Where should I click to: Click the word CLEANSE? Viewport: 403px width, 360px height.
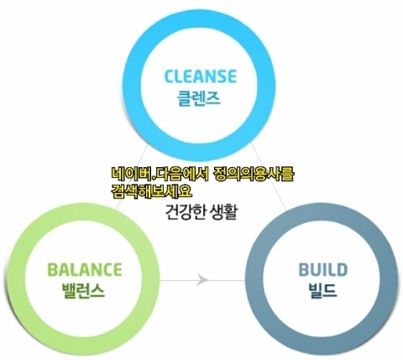coord(201,76)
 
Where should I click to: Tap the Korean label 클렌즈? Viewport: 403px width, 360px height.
coord(198,98)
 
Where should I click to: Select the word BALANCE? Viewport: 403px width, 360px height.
coord(85,269)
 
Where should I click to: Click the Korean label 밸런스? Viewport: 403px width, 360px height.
coord(83,290)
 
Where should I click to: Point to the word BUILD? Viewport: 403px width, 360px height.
coord(322,269)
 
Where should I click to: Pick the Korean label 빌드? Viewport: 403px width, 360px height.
coord(322,290)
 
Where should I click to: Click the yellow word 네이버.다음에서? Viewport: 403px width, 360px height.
coord(160,175)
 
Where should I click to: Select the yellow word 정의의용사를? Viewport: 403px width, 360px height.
coord(254,175)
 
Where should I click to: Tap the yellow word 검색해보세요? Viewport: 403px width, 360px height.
coord(151,191)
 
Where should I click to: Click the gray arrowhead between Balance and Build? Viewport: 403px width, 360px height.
coord(202,279)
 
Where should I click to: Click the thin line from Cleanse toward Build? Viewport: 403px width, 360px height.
coord(269,175)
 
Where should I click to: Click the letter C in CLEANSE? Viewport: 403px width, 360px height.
coord(170,76)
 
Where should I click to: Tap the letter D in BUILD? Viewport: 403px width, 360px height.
coord(341,269)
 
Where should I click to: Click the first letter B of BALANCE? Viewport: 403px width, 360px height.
coord(53,269)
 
